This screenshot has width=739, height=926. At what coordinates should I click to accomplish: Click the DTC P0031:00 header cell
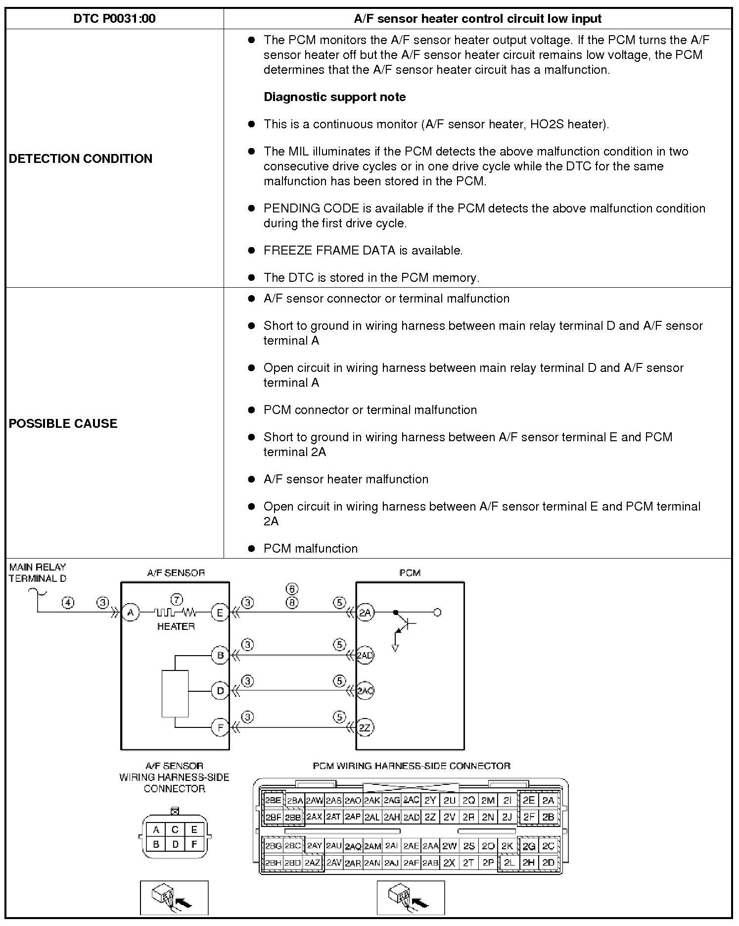pos(114,19)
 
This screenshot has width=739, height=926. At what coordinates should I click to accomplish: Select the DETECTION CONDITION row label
pos(81,158)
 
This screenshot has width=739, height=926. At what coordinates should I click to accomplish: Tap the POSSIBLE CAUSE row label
pos(63,423)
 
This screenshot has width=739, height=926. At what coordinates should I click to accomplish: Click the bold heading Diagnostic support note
pos(334,97)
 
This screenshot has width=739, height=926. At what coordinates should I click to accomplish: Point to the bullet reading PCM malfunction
pos(310,548)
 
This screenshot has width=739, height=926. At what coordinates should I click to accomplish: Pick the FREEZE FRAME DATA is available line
pos(363,251)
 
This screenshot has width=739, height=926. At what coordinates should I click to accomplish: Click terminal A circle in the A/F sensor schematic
pos(131,613)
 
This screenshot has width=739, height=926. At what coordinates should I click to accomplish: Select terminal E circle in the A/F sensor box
pos(220,613)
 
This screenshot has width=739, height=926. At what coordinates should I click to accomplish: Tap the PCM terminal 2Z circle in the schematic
pos(365,727)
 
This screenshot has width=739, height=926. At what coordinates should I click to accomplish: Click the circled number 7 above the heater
pos(176,598)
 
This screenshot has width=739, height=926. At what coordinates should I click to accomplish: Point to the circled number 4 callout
pos(68,603)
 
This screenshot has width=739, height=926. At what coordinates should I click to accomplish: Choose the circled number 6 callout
pos(292,589)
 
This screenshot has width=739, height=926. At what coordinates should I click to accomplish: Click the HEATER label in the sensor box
pos(176,626)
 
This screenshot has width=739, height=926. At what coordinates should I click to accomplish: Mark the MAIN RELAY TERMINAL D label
pos(38,572)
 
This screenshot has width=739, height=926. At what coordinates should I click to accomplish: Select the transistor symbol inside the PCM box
pos(405,624)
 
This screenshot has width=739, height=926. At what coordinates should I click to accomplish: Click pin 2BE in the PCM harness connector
pos(273,800)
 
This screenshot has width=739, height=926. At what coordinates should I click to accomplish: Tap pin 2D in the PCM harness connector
pos(548,862)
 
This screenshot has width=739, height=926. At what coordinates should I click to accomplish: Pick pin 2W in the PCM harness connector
pos(449,846)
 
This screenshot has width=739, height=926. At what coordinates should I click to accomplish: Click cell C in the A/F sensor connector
pos(175,829)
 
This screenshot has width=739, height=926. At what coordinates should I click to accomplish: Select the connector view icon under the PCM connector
pos(411,897)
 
